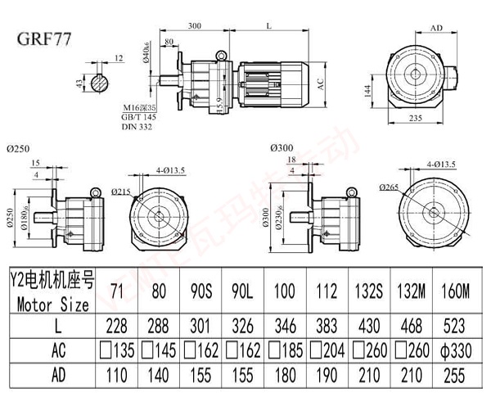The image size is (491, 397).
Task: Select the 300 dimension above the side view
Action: [194, 26]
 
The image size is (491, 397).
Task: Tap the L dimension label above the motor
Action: [270, 26]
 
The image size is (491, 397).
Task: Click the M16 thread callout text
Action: [142, 107]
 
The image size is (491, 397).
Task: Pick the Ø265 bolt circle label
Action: [389, 187]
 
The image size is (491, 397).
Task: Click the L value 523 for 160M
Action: [456, 328]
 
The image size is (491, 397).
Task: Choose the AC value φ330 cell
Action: [456, 353]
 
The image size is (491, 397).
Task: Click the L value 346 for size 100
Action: [285, 328]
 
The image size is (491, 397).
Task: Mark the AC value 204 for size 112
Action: [325, 353]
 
